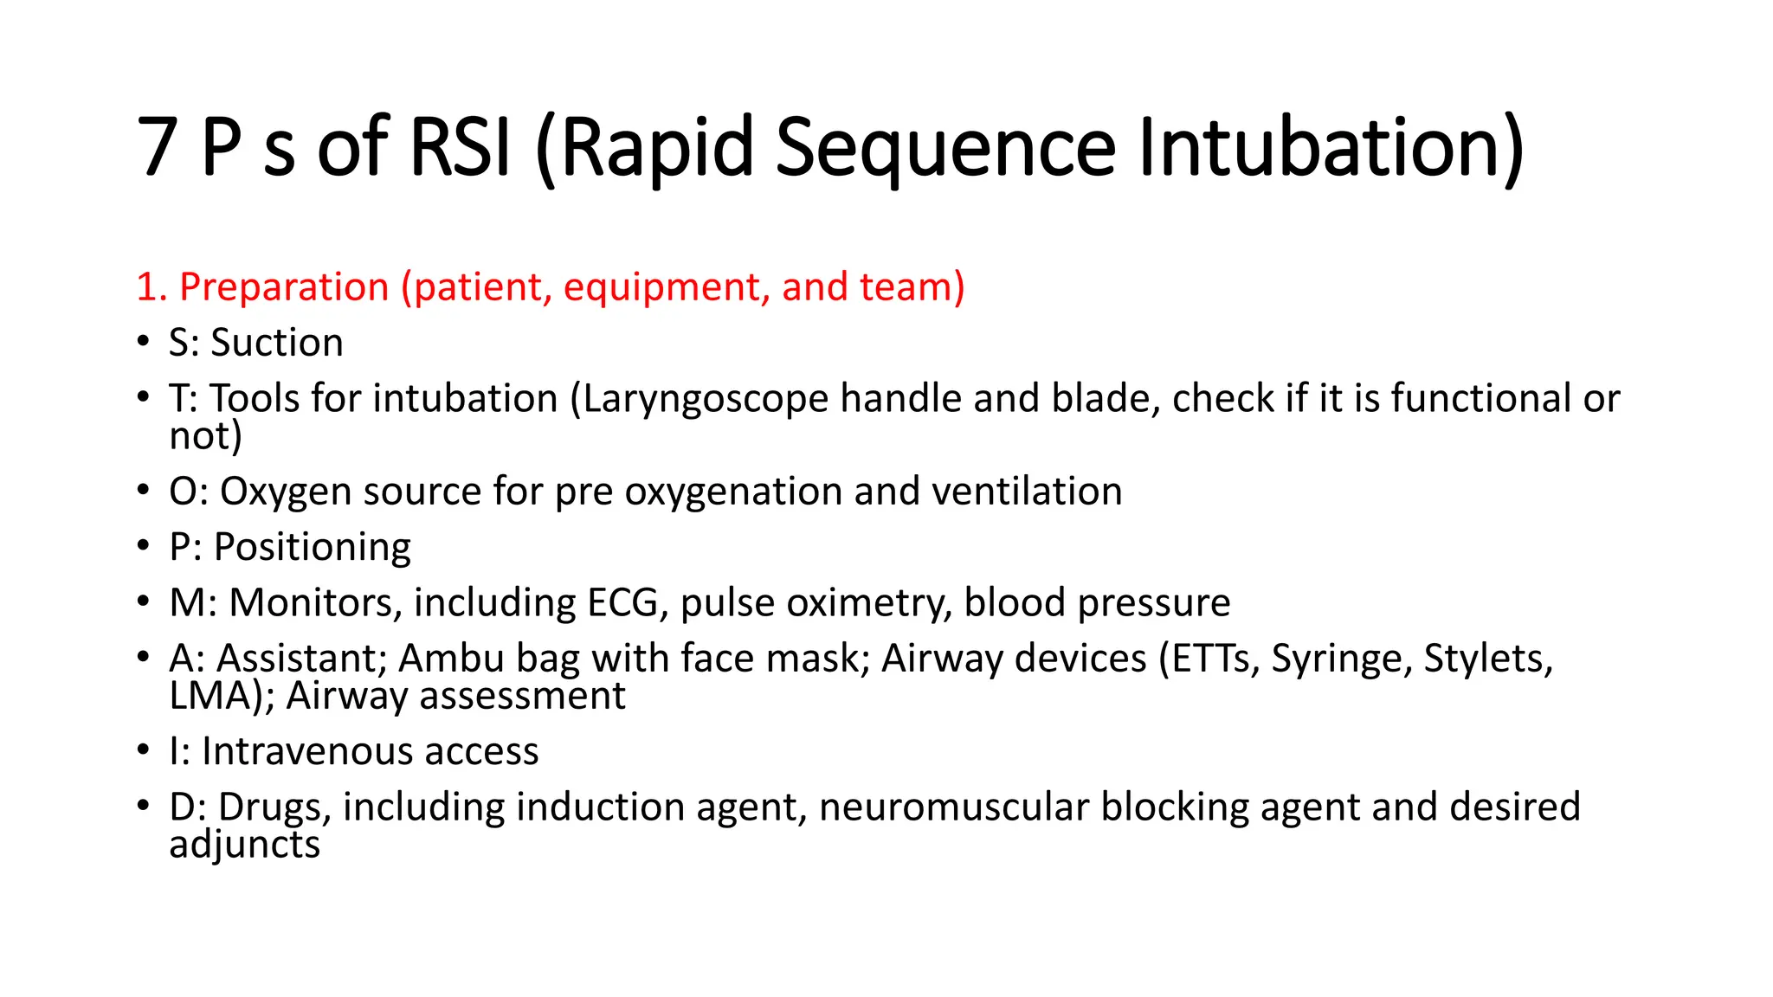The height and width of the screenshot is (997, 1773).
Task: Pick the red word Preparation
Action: tap(284, 287)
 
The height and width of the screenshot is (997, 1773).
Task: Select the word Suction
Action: tap(277, 343)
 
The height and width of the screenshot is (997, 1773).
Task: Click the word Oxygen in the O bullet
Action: tap(286, 492)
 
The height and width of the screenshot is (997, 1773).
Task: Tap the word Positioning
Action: tap(312, 548)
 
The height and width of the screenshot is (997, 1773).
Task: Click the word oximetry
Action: tap(867, 603)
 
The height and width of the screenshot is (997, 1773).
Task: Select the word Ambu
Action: tap(451, 659)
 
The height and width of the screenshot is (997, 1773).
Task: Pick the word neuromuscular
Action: tap(953, 807)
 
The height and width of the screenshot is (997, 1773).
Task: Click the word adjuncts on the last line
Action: tap(244, 846)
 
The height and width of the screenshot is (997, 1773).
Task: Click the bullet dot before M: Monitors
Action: tap(143, 601)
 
